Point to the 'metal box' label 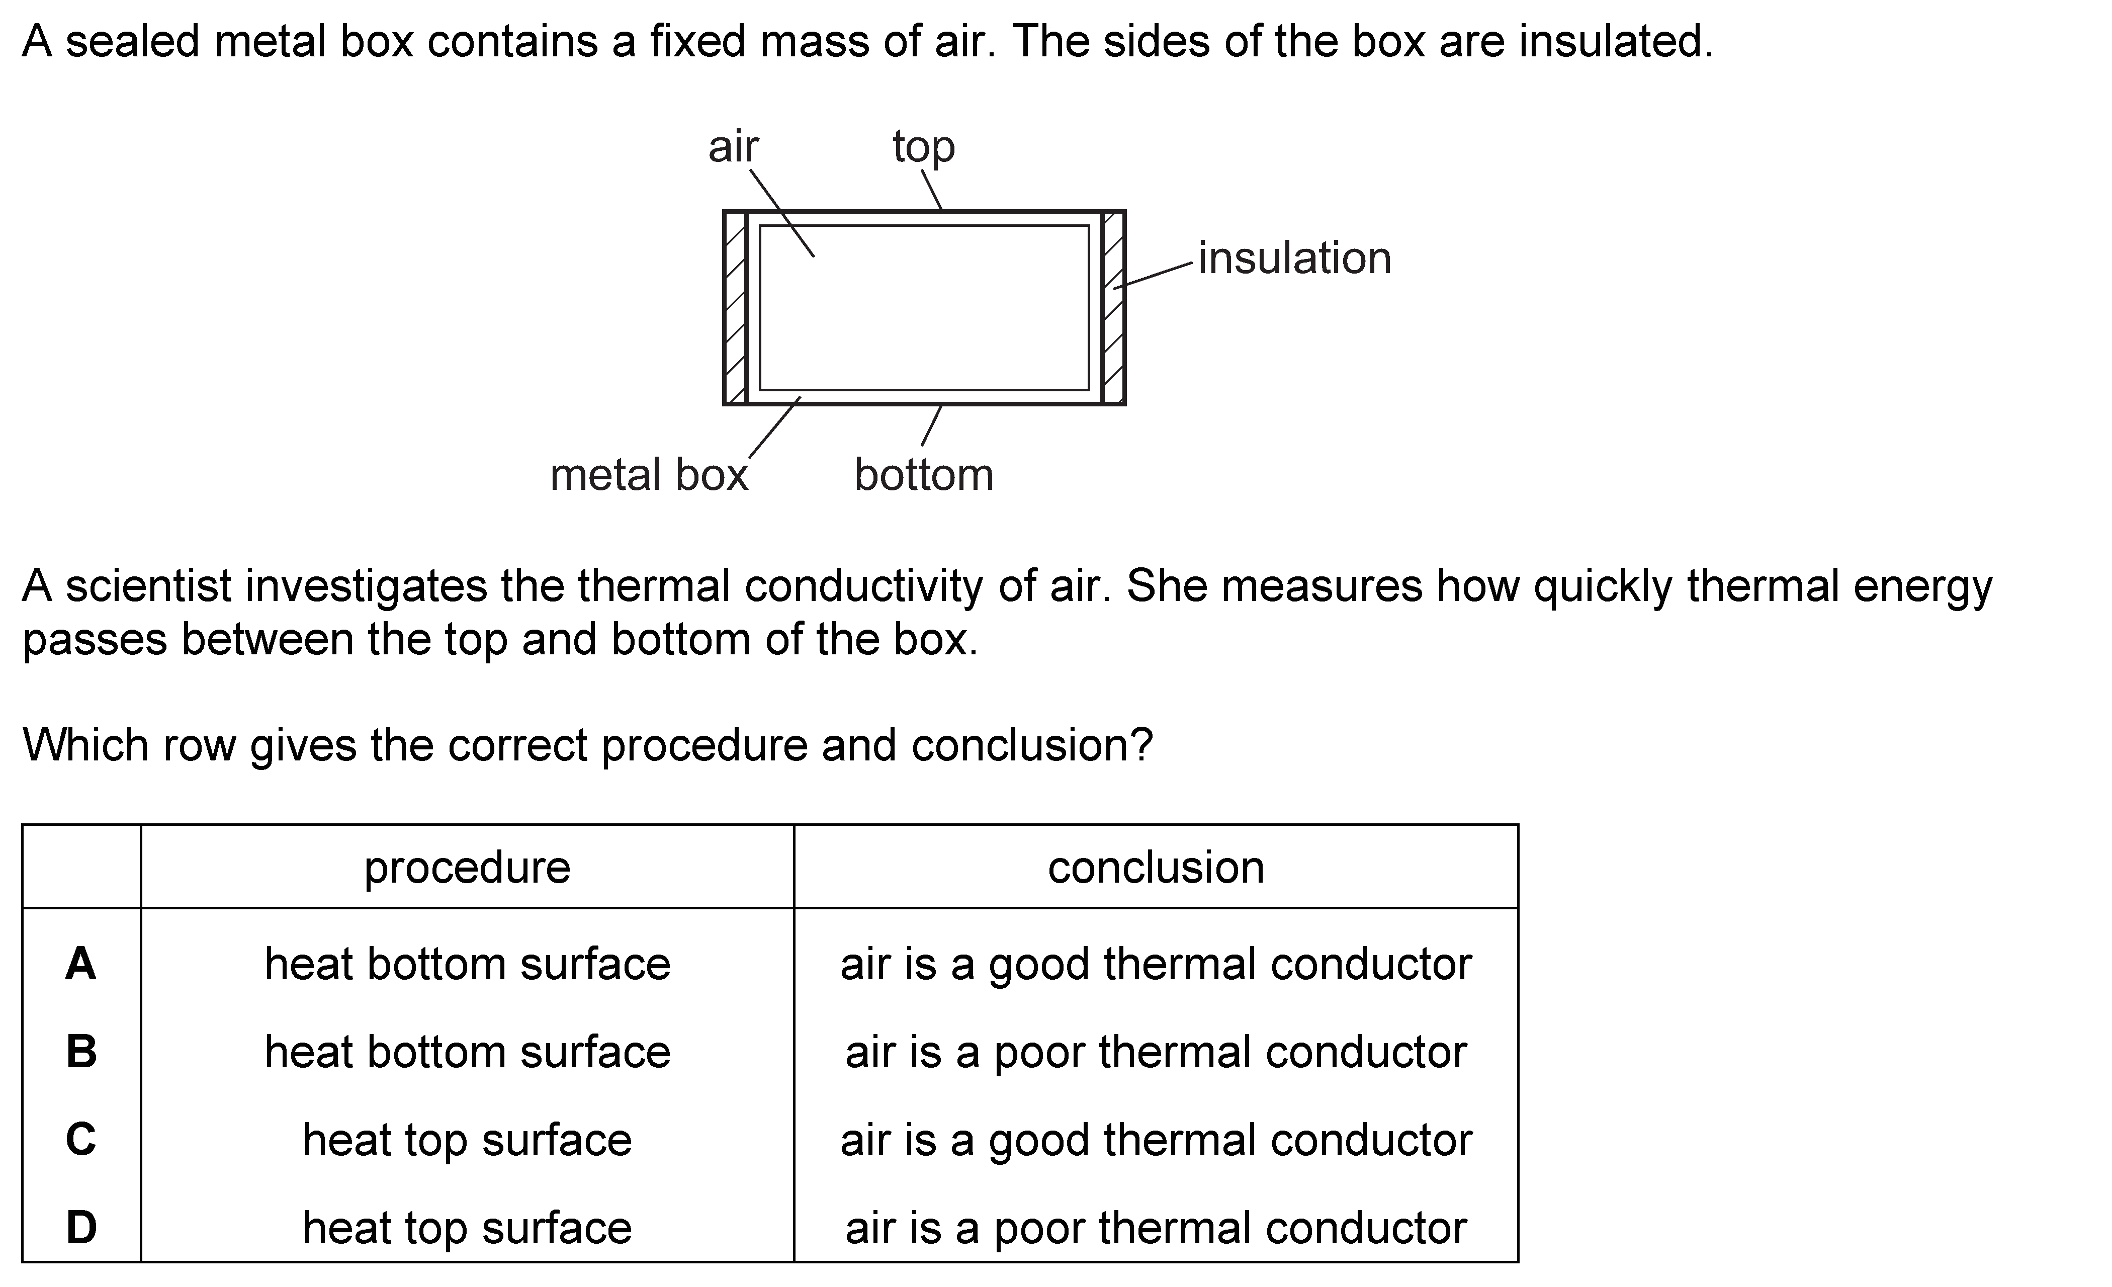click(649, 474)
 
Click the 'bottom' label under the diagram click(924, 474)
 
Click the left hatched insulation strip click(735, 307)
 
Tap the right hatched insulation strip click(1113, 307)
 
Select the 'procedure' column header click(467, 868)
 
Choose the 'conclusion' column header click(1156, 868)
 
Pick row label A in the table click(80, 963)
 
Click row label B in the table click(81, 1051)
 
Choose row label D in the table click(81, 1227)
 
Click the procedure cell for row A click(467, 963)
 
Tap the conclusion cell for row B click(1156, 1052)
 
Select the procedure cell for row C click(467, 1140)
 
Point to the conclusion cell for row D click(1156, 1228)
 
